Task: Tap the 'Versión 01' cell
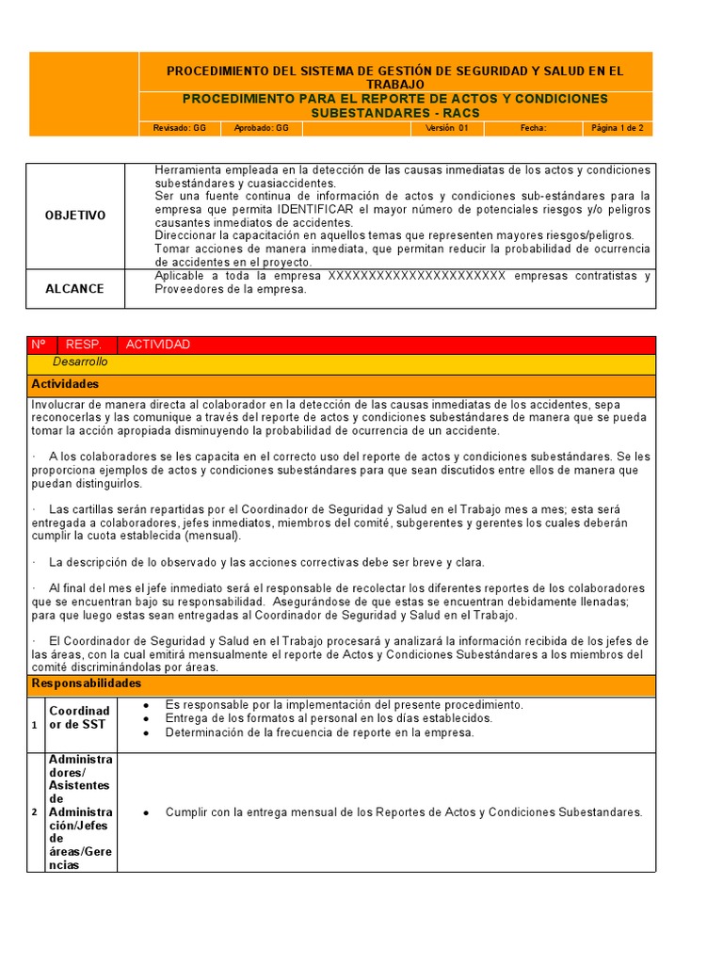tap(446, 128)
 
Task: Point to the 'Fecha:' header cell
tap(533, 128)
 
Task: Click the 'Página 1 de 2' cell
tap(618, 128)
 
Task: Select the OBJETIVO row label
tap(75, 216)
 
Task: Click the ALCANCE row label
tap(75, 289)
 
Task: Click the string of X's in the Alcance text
tap(416, 276)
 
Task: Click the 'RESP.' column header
tap(84, 345)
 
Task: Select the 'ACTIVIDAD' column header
tap(157, 345)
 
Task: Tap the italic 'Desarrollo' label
tap(80, 361)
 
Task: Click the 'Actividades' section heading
tap(65, 384)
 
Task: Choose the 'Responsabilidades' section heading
tap(86, 683)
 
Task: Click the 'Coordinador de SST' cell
tap(80, 717)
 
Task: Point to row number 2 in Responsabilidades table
tap(35, 812)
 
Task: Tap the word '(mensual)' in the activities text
tap(211, 536)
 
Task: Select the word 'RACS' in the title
tap(460, 113)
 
